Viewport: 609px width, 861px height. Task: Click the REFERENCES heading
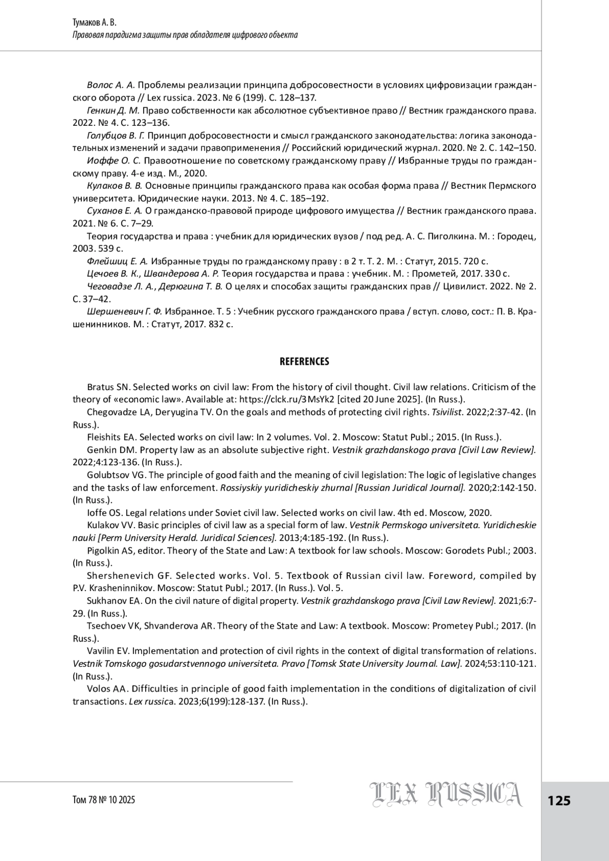pyautogui.click(x=304, y=362)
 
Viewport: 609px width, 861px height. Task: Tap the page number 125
pyautogui.click(x=559, y=801)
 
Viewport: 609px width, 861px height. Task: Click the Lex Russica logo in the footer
pyautogui.click(x=446, y=795)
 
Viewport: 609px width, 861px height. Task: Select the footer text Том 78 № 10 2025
pyautogui.click(x=104, y=800)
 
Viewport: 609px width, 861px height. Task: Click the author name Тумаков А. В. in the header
pyautogui.click(x=95, y=23)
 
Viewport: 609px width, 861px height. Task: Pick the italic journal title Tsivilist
pyautogui.click(x=447, y=412)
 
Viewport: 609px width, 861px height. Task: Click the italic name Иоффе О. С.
pyautogui.click(x=113, y=160)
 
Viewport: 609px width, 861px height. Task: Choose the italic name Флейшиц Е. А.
pyautogui.click(x=117, y=261)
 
